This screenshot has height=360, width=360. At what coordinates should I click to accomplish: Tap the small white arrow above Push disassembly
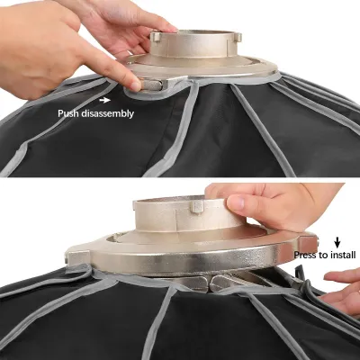[110, 100]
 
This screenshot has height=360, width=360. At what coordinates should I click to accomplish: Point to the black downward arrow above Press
[337, 241]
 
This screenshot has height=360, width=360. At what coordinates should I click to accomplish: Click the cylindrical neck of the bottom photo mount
[171, 216]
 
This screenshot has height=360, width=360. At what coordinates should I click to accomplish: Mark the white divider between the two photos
[180, 177]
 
